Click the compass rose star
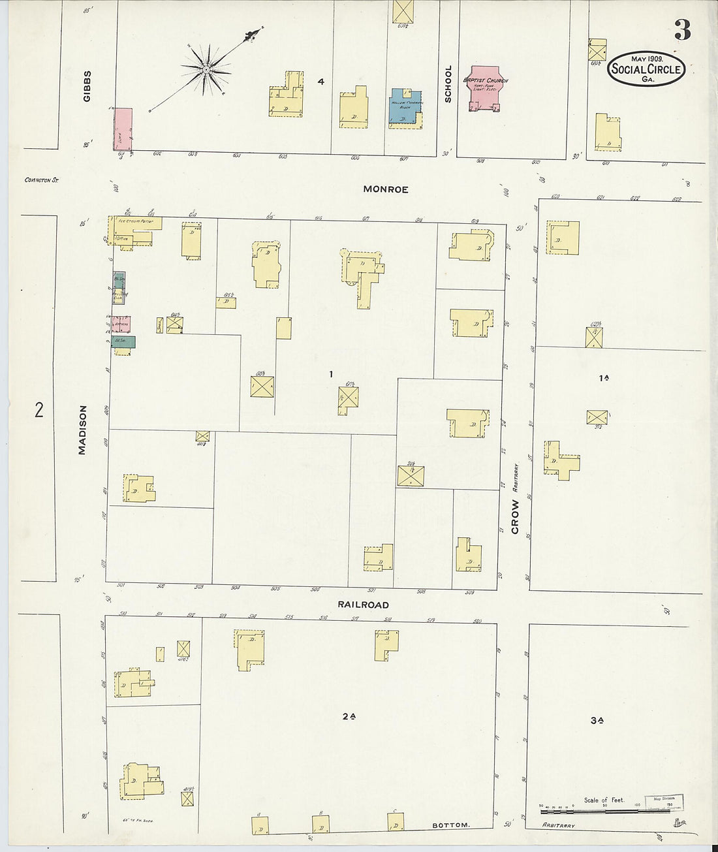(206, 68)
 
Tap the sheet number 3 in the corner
(682, 31)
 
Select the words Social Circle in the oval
(646, 69)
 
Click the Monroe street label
(386, 189)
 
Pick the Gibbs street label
(87, 86)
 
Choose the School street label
(448, 84)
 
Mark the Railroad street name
(363, 605)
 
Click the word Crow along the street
(515, 517)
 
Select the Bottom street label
(450, 825)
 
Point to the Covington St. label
(41, 180)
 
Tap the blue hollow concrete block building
(405, 106)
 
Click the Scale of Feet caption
(604, 800)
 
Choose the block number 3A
(596, 721)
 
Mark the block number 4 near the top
(320, 82)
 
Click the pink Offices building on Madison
(121, 324)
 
